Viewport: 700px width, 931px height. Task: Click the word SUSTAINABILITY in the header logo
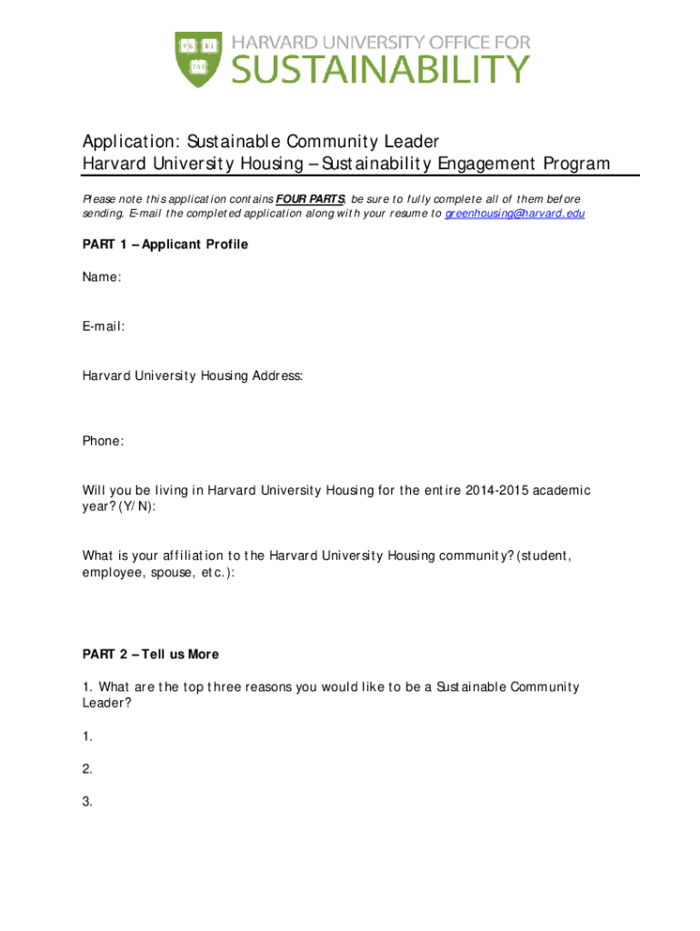[380, 69]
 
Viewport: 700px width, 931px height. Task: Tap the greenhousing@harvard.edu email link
[515, 214]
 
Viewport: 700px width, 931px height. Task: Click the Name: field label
[102, 277]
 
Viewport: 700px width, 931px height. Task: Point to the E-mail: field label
[104, 326]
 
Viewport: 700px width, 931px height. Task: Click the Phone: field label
[104, 441]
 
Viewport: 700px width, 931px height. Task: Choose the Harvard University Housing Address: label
[193, 375]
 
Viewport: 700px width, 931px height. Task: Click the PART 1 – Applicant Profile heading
[165, 245]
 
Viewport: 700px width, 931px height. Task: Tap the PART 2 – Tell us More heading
[151, 654]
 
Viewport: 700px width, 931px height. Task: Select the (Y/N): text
[136, 506]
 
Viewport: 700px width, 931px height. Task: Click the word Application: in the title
[132, 142]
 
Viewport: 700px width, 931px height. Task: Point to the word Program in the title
[577, 164]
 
